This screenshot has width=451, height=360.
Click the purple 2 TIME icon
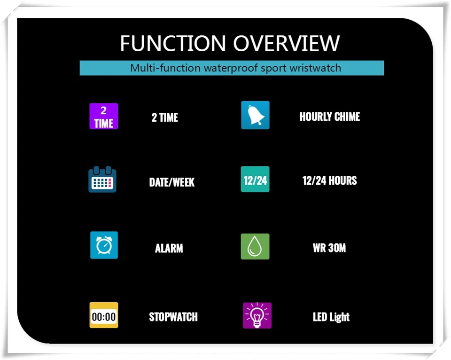point(104,116)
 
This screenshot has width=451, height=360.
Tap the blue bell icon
point(255,115)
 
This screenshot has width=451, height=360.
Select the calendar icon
point(102,179)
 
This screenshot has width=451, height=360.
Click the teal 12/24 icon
point(255,180)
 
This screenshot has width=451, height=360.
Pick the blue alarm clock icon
point(104,245)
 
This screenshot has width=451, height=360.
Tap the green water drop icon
point(255,246)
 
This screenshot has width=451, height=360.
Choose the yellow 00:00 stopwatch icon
point(104,315)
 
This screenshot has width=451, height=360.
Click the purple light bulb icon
point(257,315)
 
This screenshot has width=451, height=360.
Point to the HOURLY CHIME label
point(330,117)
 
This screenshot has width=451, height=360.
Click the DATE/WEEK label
point(172,182)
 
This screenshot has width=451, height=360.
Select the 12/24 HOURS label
point(329,180)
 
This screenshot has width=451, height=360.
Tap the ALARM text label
point(169,248)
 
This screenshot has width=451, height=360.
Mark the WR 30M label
point(329,248)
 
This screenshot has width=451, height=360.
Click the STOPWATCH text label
point(173,317)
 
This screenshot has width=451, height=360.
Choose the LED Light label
point(331,317)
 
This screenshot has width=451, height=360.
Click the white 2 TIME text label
point(165,117)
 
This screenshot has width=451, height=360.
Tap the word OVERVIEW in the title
point(286,44)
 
